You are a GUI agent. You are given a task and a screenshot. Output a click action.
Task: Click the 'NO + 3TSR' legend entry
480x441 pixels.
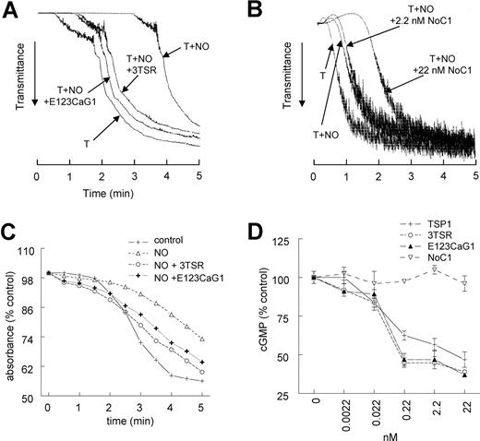point(176,275)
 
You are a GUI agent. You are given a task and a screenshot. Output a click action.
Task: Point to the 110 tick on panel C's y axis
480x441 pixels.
point(34,250)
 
